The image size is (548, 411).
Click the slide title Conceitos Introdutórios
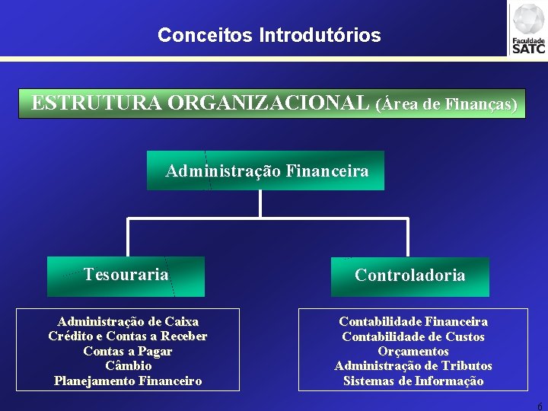tap(269, 35)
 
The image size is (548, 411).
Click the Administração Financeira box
tap(266, 170)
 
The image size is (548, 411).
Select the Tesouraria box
tap(126, 275)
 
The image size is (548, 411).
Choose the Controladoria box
tap(409, 276)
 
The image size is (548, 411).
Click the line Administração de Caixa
tap(128, 322)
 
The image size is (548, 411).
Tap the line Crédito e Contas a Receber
tap(128, 336)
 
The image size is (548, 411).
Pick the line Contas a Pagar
tap(128, 351)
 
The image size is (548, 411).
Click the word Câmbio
tap(128, 366)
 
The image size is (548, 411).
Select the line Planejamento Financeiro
tap(128, 381)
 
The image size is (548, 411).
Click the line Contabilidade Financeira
tap(413, 322)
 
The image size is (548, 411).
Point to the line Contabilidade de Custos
tap(413, 336)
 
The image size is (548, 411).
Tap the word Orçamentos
tap(413, 351)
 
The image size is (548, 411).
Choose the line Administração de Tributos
tap(413, 366)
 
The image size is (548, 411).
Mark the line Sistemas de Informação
tap(413, 381)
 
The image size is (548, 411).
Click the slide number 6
tap(540, 406)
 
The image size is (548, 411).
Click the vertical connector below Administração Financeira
tap(260, 204)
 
